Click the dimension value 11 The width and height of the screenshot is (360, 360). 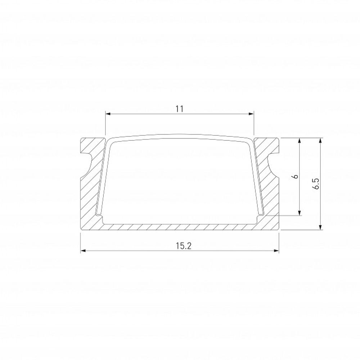click(x=180, y=109)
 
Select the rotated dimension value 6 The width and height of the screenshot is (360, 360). click(x=295, y=176)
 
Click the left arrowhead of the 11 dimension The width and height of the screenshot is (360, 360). click(x=107, y=114)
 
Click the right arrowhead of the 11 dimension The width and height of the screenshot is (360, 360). click(x=252, y=114)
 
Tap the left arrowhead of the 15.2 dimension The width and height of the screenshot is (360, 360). click(x=82, y=251)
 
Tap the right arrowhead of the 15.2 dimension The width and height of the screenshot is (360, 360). click(x=277, y=251)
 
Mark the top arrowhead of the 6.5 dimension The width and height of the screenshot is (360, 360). click(x=320, y=140)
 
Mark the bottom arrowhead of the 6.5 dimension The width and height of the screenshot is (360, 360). click(x=320, y=226)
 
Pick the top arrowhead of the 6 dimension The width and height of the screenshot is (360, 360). click(x=300, y=140)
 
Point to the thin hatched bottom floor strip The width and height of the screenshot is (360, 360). click(x=180, y=226)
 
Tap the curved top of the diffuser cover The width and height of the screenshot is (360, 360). click(x=180, y=137)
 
